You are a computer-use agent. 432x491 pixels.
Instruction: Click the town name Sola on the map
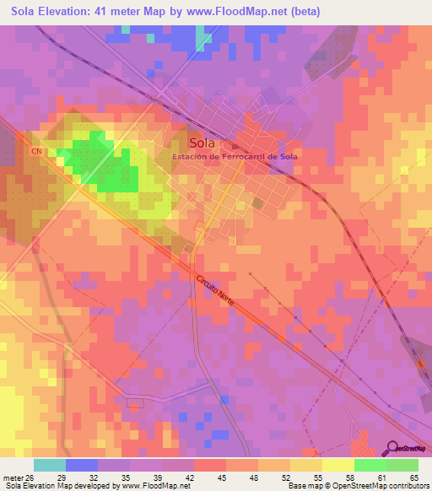pyautogui.click(x=202, y=143)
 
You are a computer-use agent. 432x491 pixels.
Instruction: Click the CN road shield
pyautogui.click(x=36, y=151)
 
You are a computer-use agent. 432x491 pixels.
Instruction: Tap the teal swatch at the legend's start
pyautogui.click(x=49, y=465)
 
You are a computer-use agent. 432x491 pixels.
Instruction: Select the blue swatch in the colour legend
pyautogui.click(x=81, y=465)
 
